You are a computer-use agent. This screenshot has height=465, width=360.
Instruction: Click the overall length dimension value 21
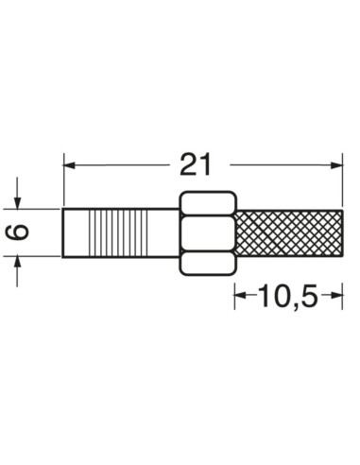point(194,164)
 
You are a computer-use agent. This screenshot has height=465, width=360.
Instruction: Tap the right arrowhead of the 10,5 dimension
point(337,297)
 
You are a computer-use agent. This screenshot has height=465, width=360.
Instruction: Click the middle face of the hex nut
point(205,232)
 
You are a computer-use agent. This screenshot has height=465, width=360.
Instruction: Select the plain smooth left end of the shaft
point(74,232)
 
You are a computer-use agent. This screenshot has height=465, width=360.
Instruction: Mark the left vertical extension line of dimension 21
point(63,184)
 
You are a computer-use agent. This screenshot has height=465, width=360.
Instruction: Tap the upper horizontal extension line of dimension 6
point(38,208)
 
